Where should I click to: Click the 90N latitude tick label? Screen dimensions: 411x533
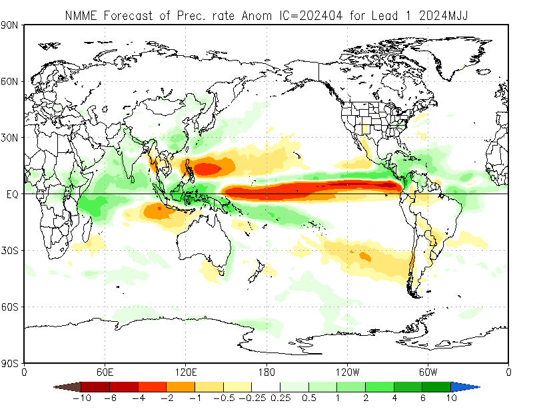(x=11, y=25)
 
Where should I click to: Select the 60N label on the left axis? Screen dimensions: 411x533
(x=11, y=81)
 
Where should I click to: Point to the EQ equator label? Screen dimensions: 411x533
(x=12, y=194)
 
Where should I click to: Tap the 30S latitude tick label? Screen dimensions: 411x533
(x=11, y=251)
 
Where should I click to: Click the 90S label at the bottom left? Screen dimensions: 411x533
(x=11, y=363)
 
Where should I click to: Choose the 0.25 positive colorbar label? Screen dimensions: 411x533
(x=280, y=398)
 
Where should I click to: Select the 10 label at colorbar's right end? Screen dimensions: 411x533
(x=451, y=398)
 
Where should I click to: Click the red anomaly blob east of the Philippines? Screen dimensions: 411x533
(x=212, y=169)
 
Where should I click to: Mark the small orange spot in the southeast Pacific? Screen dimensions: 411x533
(x=364, y=256)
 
